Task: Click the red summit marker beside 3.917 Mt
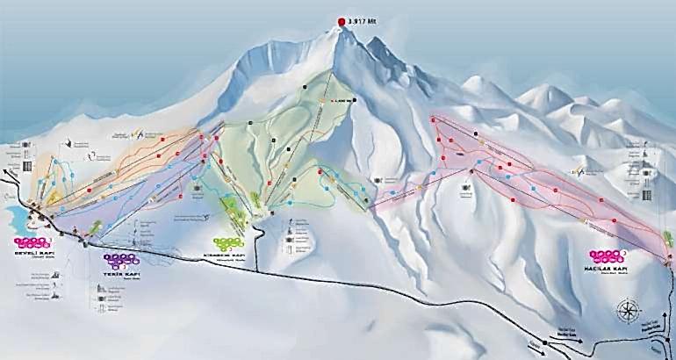click(x=341, y=23)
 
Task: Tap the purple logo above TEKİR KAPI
click(x=121, y=260)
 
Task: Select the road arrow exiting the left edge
click(x=5, y=172)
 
